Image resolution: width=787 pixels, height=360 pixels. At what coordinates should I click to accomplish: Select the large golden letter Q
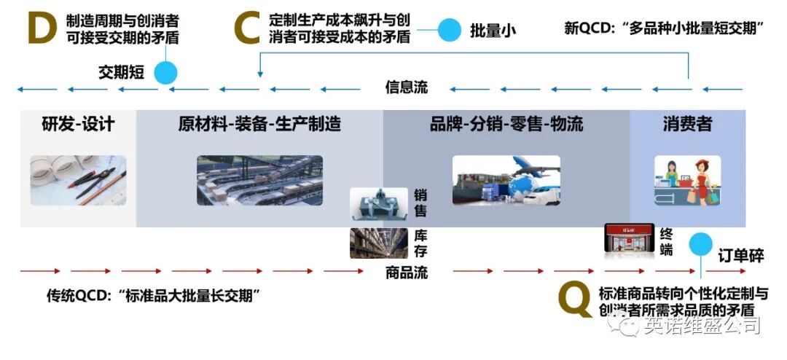click(x=574, y=299)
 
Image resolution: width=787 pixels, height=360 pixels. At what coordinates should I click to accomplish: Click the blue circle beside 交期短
click(x=166, y=72)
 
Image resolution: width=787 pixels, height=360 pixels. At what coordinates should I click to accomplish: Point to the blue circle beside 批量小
click(x=449, y=31)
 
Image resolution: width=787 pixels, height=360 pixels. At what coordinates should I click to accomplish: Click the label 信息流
click(x=407, y=88)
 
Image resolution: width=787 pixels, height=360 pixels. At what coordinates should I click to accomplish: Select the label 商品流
click(x=407, y=273)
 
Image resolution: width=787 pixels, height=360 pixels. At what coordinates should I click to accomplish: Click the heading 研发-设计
click(x=78, y=124)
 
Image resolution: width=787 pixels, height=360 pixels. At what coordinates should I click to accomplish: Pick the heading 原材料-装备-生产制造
click(x=259, y=124)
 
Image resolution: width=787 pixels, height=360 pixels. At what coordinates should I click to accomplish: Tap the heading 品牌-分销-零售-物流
click(x=506, y=124)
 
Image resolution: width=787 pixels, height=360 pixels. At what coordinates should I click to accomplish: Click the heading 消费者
click(x=687, y=124)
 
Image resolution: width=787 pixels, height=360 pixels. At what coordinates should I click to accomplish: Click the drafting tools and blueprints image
click(x=78, y=179)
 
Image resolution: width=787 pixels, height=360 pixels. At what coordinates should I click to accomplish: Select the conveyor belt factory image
click(x=259, y=180)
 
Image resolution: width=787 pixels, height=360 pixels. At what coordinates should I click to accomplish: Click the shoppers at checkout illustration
click(x=687, y=180)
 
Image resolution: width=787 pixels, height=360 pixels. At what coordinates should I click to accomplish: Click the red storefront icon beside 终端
click(x=626, y=239)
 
